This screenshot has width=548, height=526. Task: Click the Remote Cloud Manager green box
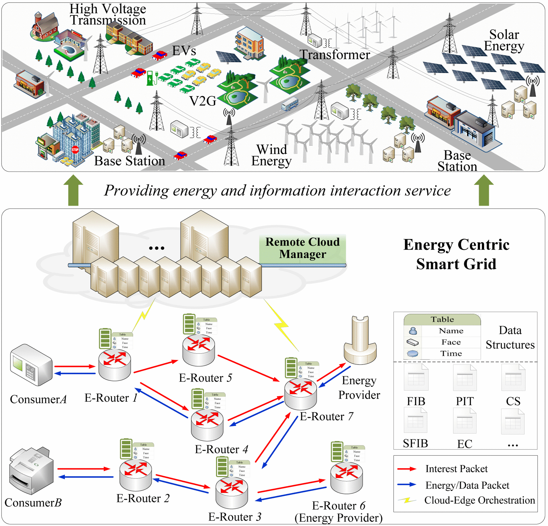click(302, 248)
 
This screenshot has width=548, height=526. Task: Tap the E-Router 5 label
click(205, 378)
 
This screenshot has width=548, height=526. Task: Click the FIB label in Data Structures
click(416, 401)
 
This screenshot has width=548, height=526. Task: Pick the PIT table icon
click(465, 378)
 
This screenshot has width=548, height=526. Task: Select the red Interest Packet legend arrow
click(407, 469)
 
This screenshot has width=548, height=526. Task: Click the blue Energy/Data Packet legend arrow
click(407, 485)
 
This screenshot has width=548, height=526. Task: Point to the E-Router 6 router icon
click(346, 478)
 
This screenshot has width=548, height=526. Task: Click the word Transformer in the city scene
click(335, 55)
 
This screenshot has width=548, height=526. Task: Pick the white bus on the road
click(290, 104)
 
